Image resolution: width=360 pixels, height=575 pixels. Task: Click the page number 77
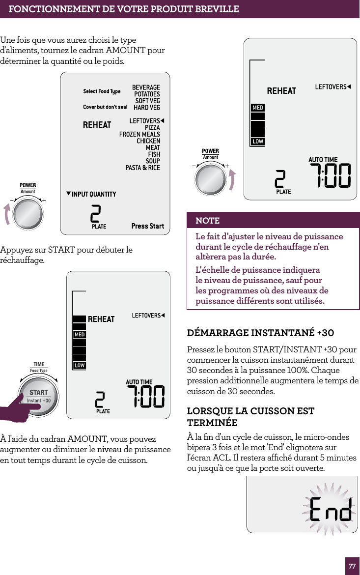pyautogui.click(x=352, y=566)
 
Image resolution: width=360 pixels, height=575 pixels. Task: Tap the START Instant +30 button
pyautogui.click(x=39, y=396)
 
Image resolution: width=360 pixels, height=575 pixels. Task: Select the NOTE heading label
pyautogui.click(x=208, y=220)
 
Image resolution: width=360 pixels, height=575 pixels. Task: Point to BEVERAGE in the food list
pyautogui.click(x=146, y=87)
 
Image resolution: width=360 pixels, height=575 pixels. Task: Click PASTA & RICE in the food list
pyautogui.click(x=142, y=168)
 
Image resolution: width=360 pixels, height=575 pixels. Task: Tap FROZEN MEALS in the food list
pyautogui.click(x=139, y=134)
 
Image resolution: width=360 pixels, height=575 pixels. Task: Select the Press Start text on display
pyautogui.click(x=148, y=226)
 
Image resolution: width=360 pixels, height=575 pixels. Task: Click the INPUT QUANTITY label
pyautogui.click(x=93, y=194)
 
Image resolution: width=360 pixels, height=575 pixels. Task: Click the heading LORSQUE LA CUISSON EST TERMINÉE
pyautogui.click(x=250, y=416)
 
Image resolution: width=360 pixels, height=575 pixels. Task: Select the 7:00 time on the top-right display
pyautogui.click(x=330, y=176)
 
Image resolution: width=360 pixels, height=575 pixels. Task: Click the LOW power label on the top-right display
pyautogui.click(x=258, y=142)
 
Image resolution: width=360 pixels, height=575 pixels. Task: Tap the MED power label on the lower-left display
pyautogui.click(x=79, y=335)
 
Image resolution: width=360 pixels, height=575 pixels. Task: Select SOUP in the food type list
pyautogui.click(x=153, y=161)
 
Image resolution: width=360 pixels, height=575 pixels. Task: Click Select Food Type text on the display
pyautogui.click(x=102, y=91)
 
